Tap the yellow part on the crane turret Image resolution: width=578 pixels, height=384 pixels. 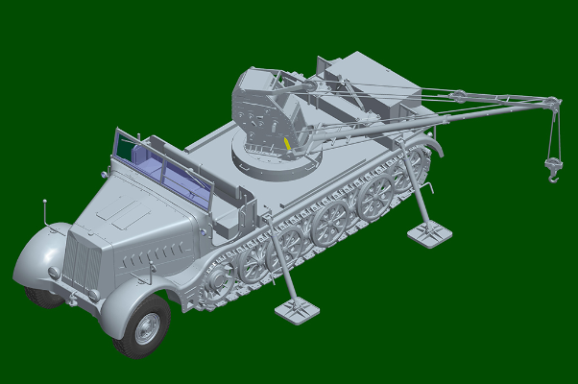click(x=287, y=145)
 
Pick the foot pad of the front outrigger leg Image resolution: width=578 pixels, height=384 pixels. click(x=298, y=309)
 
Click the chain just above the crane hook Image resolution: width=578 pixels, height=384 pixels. click(x=553, y=144)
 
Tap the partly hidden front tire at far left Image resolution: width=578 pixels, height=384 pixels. click(x=42, y=294)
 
